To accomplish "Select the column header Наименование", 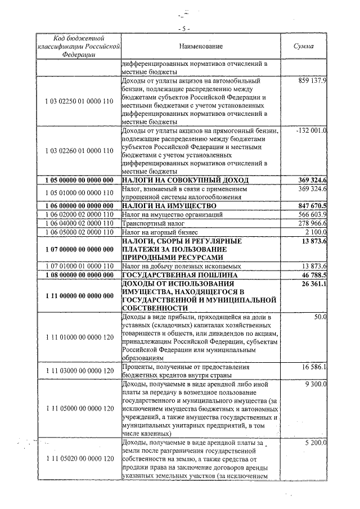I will [x=201, y=46].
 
